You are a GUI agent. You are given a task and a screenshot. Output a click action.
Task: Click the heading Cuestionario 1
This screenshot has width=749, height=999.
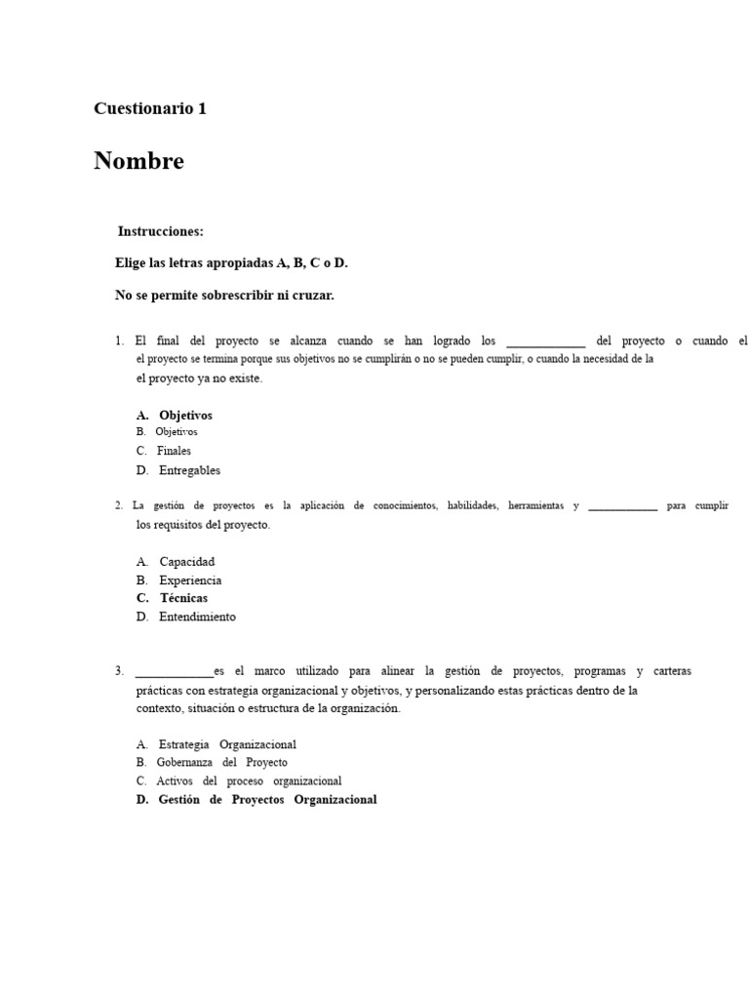[x=150, y=109]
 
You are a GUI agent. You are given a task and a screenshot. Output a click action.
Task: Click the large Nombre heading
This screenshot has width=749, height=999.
[x=138, y=161]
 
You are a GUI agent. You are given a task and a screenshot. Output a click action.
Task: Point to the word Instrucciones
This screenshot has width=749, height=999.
[x=161, y=232]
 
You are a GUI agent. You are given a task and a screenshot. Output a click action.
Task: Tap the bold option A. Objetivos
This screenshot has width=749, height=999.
[x=175, y=416]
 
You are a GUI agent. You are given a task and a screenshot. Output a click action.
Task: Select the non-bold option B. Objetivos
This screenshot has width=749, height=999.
[x=167, y=431]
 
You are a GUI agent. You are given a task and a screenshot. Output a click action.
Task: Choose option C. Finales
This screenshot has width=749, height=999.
[x=164, y=451]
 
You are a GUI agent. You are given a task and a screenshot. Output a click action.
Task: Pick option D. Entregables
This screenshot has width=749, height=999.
[x=178, y=470]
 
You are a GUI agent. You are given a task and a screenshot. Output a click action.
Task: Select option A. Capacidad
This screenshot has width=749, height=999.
[x=176, y=562]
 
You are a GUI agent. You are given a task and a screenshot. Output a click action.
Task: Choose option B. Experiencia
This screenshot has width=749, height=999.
[x=179, y=580]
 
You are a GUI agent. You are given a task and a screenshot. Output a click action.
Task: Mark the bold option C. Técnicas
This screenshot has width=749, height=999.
[x=173, y=598]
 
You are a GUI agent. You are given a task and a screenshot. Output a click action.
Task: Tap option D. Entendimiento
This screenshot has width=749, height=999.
[x=186, y=617]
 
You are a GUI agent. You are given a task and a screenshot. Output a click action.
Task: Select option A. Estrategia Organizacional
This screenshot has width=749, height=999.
[x=217, y=744]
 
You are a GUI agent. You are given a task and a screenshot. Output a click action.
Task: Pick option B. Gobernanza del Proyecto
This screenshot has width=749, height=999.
[x=213, y=762]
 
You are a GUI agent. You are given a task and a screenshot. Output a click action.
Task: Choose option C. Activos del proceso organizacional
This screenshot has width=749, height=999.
[x=239, y=780]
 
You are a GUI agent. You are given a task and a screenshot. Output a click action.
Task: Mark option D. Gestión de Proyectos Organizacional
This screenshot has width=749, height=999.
[x=256, y=800]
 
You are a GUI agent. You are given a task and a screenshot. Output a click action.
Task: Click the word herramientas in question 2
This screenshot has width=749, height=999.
[x=535, y=505]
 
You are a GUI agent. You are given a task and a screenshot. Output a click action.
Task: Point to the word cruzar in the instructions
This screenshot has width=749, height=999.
[x=312, y=295]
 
